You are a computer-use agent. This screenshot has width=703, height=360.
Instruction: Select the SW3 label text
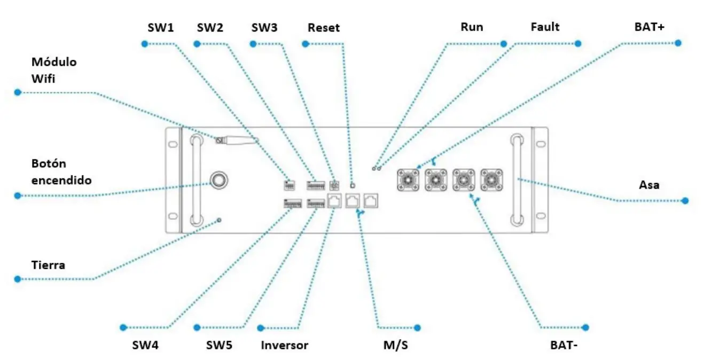[264, 27]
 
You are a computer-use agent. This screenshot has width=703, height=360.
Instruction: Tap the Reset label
[323, 27]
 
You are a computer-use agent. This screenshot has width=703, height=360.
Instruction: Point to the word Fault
[545, 26]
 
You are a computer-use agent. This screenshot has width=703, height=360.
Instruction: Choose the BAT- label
[564, 345]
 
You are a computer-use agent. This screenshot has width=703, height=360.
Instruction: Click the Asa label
[649, 185]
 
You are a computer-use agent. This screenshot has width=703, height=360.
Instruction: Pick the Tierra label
[48, 264]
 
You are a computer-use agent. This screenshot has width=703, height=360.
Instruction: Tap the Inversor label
[284, 345]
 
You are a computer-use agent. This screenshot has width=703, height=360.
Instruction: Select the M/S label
[396, 345]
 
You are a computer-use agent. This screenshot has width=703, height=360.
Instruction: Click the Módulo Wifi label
[53, 70]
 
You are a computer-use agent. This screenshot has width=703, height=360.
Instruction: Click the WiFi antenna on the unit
[238, 140]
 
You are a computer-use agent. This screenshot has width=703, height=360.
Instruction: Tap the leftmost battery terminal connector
[408, 180]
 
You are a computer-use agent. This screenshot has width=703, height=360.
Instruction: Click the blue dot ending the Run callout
[503, 43]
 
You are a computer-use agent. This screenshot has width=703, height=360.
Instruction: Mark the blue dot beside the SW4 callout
[123, 327]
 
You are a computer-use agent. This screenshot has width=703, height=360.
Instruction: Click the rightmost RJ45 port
[370, 201]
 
